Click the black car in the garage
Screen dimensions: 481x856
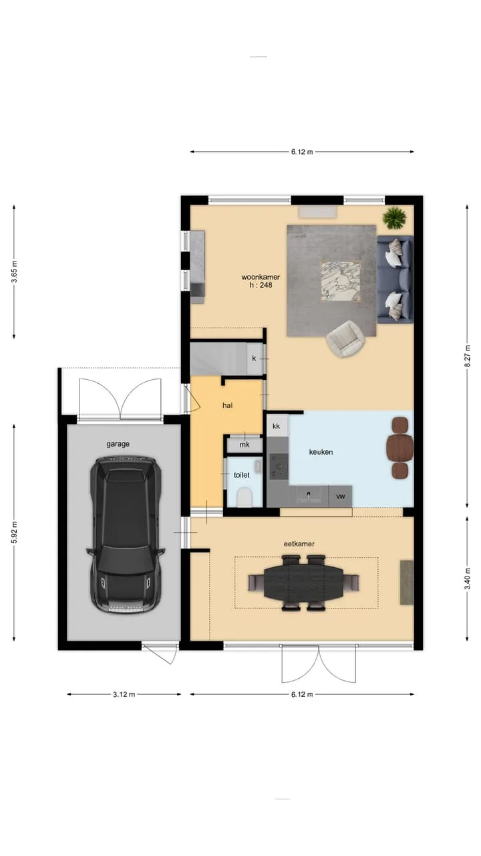[x=126, y=535]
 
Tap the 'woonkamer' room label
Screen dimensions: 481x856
[x=261, y=277]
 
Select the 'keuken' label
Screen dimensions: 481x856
[x=321, y=452]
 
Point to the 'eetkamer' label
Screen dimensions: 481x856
[x=299, y=544]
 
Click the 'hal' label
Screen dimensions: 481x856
[x=228, y=405]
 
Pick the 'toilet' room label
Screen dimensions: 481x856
[x=242, y=475]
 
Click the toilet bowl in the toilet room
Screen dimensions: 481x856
[x=245, y=498]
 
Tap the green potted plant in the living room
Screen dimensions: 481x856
[x=394, y=218]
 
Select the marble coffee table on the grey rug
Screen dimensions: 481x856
[x=341, y=282]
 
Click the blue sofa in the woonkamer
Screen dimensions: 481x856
[x=395, y=280]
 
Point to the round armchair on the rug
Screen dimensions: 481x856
[x=345, y=338]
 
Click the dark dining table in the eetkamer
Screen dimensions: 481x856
[x=303, y=583]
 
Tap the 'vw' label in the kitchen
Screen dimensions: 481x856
[x=341, y=496]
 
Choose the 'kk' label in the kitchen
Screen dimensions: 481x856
[x=277, y=426]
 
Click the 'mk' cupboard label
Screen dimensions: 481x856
[x=245, y=445]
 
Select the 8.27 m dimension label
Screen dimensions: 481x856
[x=467, y=356]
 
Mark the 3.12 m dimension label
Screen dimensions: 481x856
[x=124, y=694]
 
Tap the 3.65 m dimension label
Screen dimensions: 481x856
[x=14, y=272]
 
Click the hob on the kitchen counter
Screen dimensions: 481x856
[x=279, y=466]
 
